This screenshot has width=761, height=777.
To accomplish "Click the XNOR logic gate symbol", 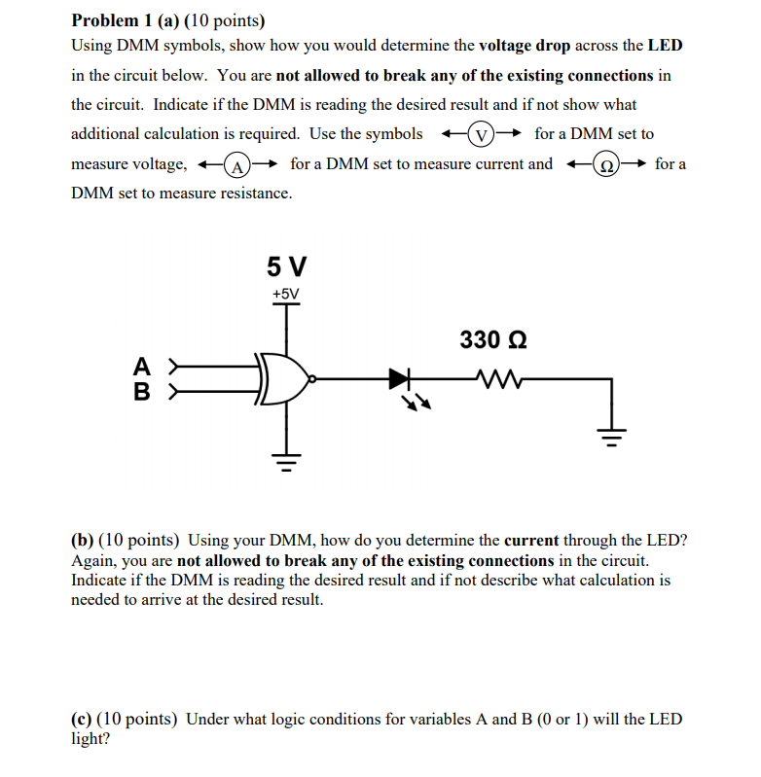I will tap(286, 378).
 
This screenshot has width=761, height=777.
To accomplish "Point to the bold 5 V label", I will tap(286, 265).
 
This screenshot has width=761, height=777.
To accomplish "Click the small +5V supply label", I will tap(286, 294).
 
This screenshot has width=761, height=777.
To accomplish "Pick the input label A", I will tap(141, 367).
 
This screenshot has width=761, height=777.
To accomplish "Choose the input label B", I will tap(141, 393).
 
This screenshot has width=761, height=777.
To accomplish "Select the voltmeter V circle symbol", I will tap(480, 134).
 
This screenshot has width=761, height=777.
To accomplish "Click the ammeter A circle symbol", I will tap(236, 164).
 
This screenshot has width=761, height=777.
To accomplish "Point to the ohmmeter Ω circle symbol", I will tap(605, 164).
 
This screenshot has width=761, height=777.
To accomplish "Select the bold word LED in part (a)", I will tap(666, 46).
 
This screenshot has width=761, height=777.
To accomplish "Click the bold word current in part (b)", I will tap(531, 540).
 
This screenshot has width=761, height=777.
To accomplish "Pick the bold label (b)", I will tap(83, 540).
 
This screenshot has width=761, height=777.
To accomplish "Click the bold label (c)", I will tap(83, 720).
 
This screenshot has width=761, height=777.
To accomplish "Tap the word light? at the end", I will tap(91, 738).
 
